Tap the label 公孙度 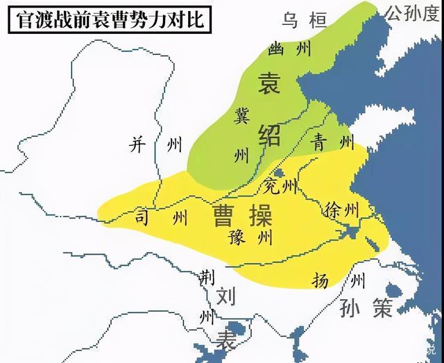(413, 12)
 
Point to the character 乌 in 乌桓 (289, 21)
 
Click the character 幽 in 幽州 (277, 48)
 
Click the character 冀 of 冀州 (242, 116)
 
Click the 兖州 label (281, 186)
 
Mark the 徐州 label (341, 208)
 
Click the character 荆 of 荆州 (205, 276)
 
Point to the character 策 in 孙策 (382, 307)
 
